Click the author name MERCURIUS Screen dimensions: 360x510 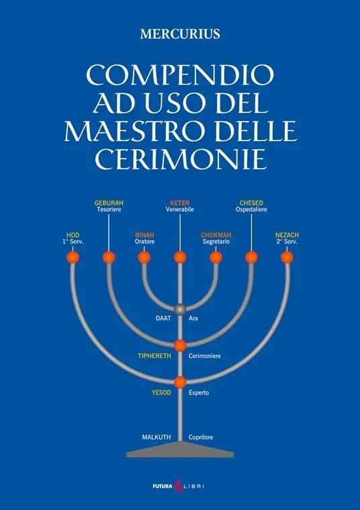(180, 34)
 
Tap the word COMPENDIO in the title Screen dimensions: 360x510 (180, 75)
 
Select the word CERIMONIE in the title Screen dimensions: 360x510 (181, 159)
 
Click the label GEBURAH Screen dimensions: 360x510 (109, 203)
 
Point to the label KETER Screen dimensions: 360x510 (180, 203)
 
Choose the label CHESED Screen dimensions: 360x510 (251, 203)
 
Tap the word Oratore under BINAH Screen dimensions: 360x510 (144, 242)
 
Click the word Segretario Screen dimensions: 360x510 (216, 242)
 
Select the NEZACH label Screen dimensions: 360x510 (287, 235)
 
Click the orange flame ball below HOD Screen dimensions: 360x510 (73, 257)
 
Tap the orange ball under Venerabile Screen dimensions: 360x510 (180, 257)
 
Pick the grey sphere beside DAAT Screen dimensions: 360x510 (180, 309)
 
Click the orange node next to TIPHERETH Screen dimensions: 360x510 (180, 345)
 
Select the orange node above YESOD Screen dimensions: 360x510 (180, 382)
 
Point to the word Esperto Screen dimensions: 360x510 (199, 392)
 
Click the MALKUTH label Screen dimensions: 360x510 (156, 437)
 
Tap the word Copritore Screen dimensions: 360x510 (201, 437)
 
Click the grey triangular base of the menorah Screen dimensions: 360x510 (180, 450)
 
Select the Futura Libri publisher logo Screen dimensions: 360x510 (179, 486)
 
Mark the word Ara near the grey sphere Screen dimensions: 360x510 (193, 318)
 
